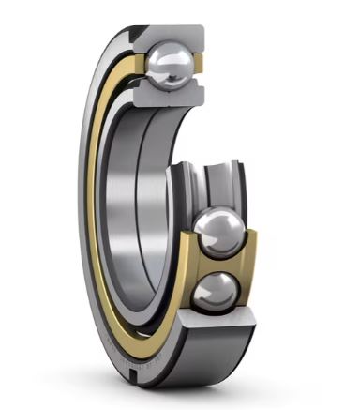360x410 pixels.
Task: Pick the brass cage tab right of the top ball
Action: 201,67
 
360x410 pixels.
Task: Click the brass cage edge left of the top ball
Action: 139,66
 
